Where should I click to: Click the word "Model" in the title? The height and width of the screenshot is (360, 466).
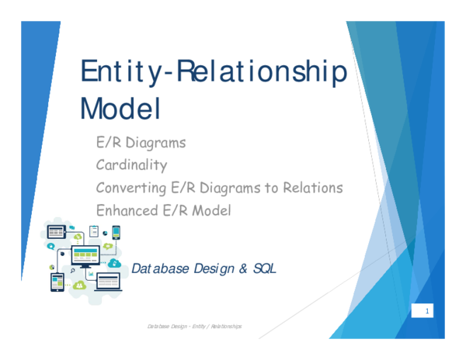pos(120,108)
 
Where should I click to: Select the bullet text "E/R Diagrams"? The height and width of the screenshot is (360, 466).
pos(141,143)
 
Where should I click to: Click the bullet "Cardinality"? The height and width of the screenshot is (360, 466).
pos(131,164)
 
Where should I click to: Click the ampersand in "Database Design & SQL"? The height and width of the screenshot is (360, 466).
pos(242,268)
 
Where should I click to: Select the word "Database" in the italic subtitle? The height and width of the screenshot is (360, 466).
pos(160,268)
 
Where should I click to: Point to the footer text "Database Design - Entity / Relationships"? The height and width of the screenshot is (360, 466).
pos(194,327)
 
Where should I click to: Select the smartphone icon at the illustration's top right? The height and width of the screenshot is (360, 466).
pos(116,232)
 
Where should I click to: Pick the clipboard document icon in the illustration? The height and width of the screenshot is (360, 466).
pos(94,230)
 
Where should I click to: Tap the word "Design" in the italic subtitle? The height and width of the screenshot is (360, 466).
pos(211,268)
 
